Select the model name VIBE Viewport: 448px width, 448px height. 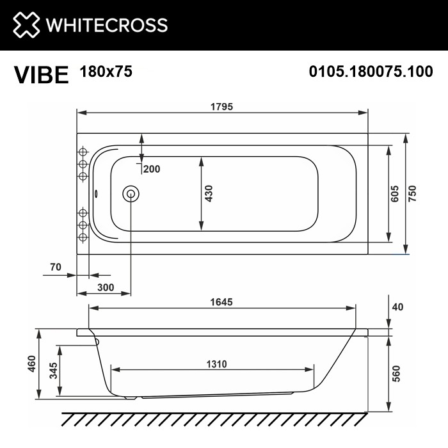[x=41, y=75]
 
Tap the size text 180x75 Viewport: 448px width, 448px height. [x=106, y=72]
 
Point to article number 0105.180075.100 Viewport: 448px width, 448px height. [x=371, y=72]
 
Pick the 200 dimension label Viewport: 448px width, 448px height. [x=152, y=170]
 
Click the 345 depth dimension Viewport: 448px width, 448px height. [x=54, y=370]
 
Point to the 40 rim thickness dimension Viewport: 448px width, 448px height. [x=397, y=307]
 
